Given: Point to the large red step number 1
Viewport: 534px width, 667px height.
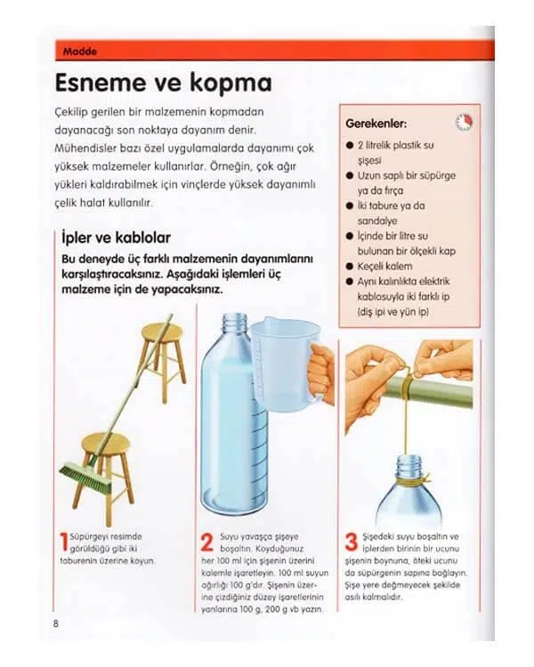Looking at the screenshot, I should tap(62, 542).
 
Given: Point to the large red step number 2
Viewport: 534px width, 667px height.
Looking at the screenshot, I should tap(206, 542).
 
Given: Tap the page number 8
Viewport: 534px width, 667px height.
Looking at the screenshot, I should tap(56, 623).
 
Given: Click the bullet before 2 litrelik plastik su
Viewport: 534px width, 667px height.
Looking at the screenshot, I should tap(350, 145).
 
